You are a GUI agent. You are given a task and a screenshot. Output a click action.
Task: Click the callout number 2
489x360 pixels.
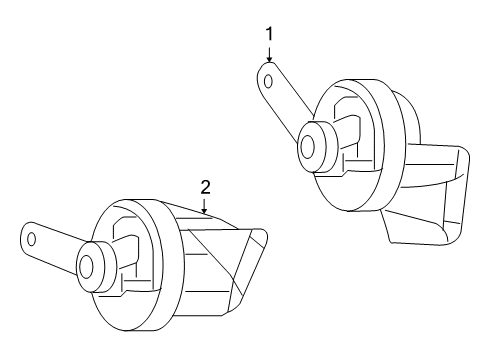coord(205,186)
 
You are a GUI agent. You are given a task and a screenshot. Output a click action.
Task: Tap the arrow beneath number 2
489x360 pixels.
coord(205,207)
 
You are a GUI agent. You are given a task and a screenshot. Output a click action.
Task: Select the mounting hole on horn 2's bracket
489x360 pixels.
coord(32,239)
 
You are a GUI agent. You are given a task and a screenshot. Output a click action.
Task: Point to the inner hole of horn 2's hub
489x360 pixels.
coord(86,266)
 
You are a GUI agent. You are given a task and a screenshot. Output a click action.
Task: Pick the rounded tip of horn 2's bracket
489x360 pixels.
coord(24,237)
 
